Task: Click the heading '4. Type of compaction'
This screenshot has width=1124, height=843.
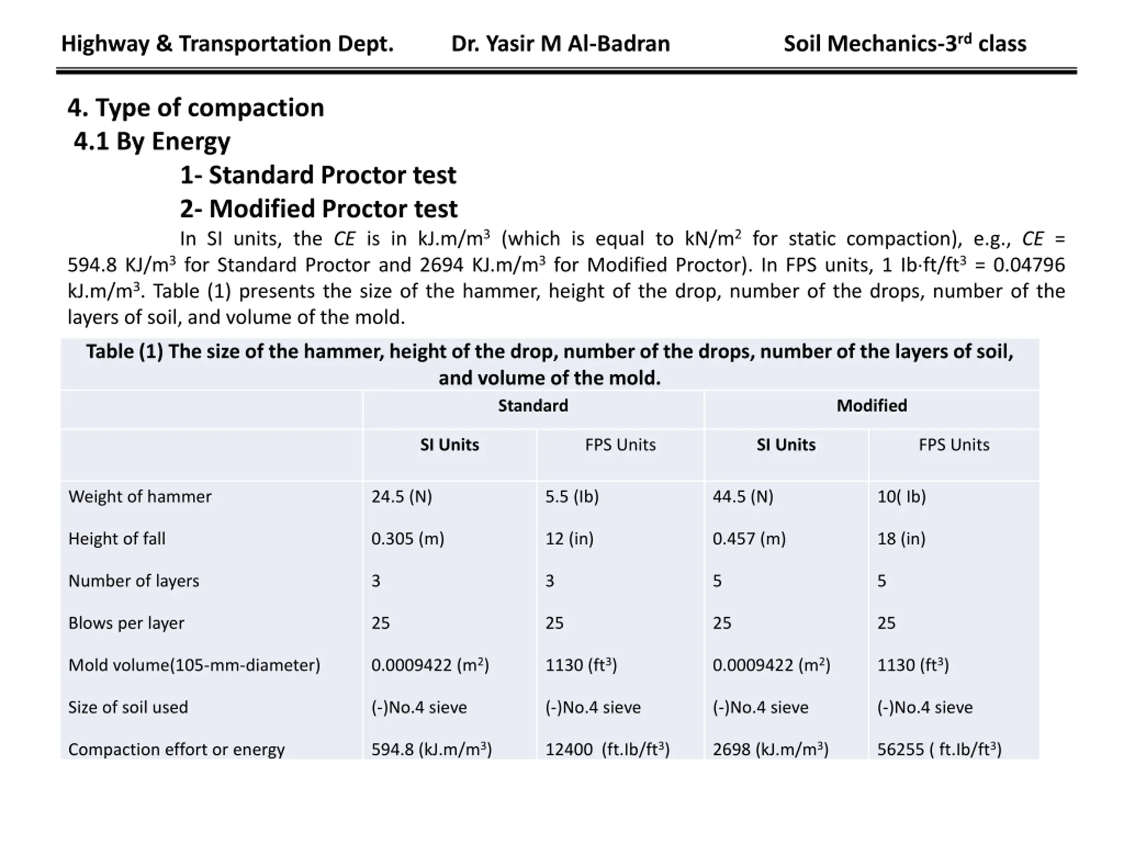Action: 196,108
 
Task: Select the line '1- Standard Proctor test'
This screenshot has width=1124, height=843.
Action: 318,175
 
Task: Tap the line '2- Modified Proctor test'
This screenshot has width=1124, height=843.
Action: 319,209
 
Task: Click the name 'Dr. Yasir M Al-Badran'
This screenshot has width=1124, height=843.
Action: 561,44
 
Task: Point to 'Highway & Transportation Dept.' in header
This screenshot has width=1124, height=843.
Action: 227,44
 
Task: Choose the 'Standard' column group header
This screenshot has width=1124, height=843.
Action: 533,406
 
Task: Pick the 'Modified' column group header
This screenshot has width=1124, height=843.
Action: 872,406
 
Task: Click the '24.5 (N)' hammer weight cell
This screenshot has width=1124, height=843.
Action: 401,497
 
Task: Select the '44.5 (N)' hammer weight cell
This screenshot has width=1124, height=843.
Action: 742,497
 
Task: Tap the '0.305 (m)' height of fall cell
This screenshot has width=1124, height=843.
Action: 407,539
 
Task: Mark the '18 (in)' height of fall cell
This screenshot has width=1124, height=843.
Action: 901,539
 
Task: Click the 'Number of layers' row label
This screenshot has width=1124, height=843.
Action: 133,581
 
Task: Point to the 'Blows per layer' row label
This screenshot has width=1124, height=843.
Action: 126,623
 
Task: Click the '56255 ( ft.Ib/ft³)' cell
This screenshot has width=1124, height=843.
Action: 939,749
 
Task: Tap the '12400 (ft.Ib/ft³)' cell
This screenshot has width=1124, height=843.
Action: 607,749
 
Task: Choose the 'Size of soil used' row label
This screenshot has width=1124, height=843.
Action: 128,707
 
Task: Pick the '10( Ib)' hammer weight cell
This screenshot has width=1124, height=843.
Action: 901,497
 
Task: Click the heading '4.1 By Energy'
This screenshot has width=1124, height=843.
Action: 152,141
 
